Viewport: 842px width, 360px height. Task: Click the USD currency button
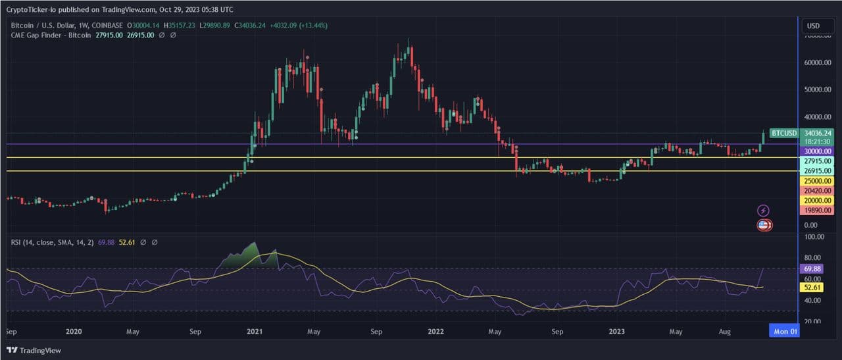(x=813, y=26)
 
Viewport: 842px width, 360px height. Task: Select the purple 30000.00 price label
(x=818, y=151)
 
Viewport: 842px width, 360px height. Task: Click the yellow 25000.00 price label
(x=818, y=180)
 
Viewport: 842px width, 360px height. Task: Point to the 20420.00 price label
(x=818, y=190)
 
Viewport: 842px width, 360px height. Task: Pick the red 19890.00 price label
(x=818, y=210)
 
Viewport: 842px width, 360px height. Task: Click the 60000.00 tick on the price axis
(x=818, y=63)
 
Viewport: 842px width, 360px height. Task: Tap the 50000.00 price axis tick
(x=818, y=90)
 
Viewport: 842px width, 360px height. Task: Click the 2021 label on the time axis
(x=255, y=332)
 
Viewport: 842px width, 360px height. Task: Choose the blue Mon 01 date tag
(x=785, y=332)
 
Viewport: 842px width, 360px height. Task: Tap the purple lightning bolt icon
(x=763, y=211)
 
